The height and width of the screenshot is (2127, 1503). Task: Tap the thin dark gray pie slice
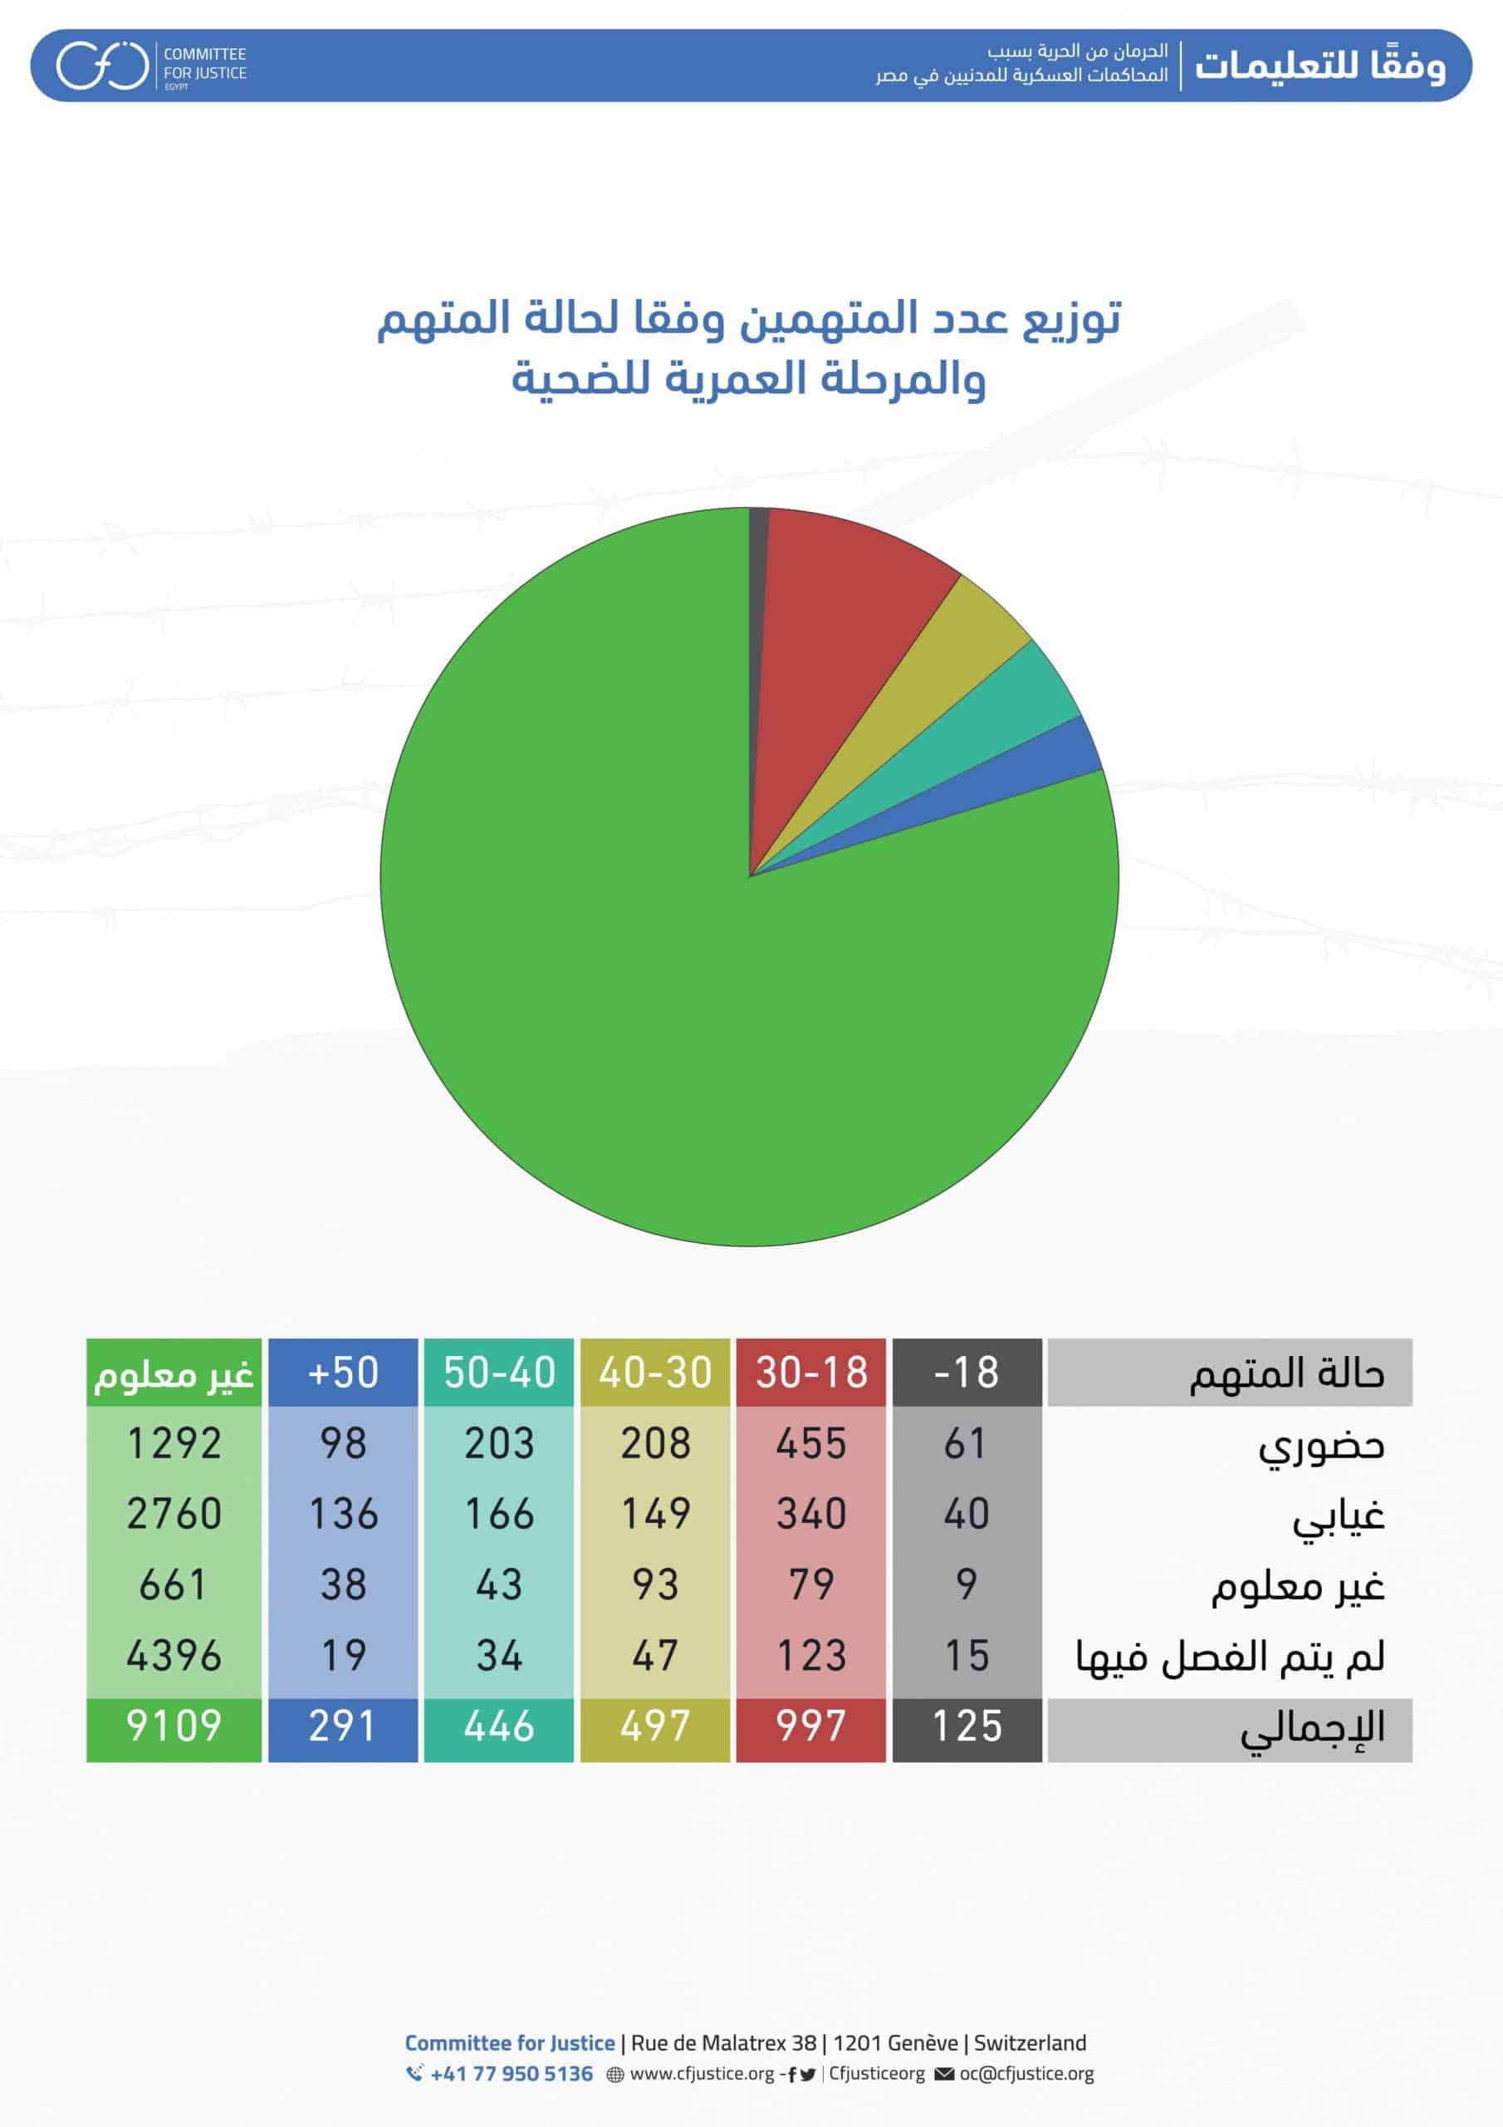point(757,556)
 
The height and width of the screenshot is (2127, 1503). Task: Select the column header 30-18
point(811,1372)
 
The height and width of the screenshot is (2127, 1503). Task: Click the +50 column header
point(343,1372)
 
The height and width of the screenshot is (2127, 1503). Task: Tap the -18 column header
point(967,1372)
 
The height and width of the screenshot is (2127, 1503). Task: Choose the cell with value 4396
point(174,1655)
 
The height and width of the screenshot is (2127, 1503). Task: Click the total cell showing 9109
point(174,1727)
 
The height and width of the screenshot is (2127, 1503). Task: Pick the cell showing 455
point(811,1443)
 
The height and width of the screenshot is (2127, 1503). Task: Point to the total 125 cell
point(967,1727)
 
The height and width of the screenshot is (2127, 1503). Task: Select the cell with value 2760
point(174,1514)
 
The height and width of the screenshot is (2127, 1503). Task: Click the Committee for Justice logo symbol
point(102,66)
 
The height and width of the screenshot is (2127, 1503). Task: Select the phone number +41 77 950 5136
point(512,2073)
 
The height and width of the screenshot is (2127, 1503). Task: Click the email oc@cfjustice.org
point(1026,2073)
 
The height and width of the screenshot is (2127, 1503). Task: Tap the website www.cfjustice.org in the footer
point(701,2073)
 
